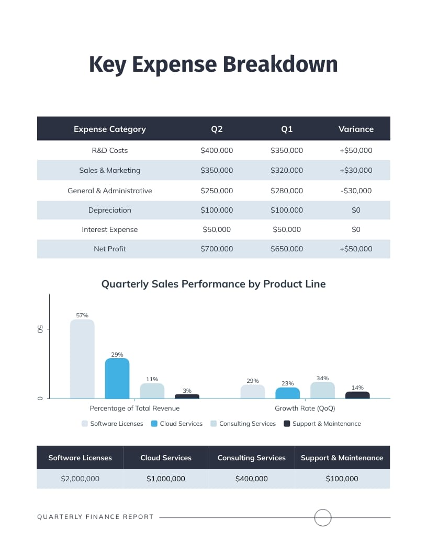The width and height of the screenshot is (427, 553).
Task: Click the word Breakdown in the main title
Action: [280, 64]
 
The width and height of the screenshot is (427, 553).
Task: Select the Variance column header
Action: [356, 129]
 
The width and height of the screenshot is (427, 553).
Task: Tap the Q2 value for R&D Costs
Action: [217, 150]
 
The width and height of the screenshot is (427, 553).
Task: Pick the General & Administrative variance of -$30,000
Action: [356, 191]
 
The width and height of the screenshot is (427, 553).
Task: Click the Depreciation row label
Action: [110, 210]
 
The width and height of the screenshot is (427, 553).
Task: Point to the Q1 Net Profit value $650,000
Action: [287, 249]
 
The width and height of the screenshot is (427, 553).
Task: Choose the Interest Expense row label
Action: [110, 229]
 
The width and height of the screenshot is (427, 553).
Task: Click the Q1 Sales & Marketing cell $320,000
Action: [287, 170]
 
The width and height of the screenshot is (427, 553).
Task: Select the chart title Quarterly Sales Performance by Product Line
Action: [213, 284]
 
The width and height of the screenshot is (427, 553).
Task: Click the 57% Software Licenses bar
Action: [82, 359]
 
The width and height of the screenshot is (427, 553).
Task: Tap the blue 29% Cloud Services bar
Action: [117, 379]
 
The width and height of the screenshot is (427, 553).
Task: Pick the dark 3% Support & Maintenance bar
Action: [187, 396]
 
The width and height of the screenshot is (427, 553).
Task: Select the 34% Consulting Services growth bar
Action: [322, 391]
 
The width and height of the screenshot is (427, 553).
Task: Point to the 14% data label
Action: [357, 388]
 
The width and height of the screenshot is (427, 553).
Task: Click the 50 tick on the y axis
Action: [40, 329]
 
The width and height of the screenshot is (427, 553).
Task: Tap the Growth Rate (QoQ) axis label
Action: [305, 408]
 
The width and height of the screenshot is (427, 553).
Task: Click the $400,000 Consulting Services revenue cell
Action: [252, 479]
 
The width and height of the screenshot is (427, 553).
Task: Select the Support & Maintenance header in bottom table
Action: [342, 458]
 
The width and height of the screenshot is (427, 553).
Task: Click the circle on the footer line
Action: [323, 517]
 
